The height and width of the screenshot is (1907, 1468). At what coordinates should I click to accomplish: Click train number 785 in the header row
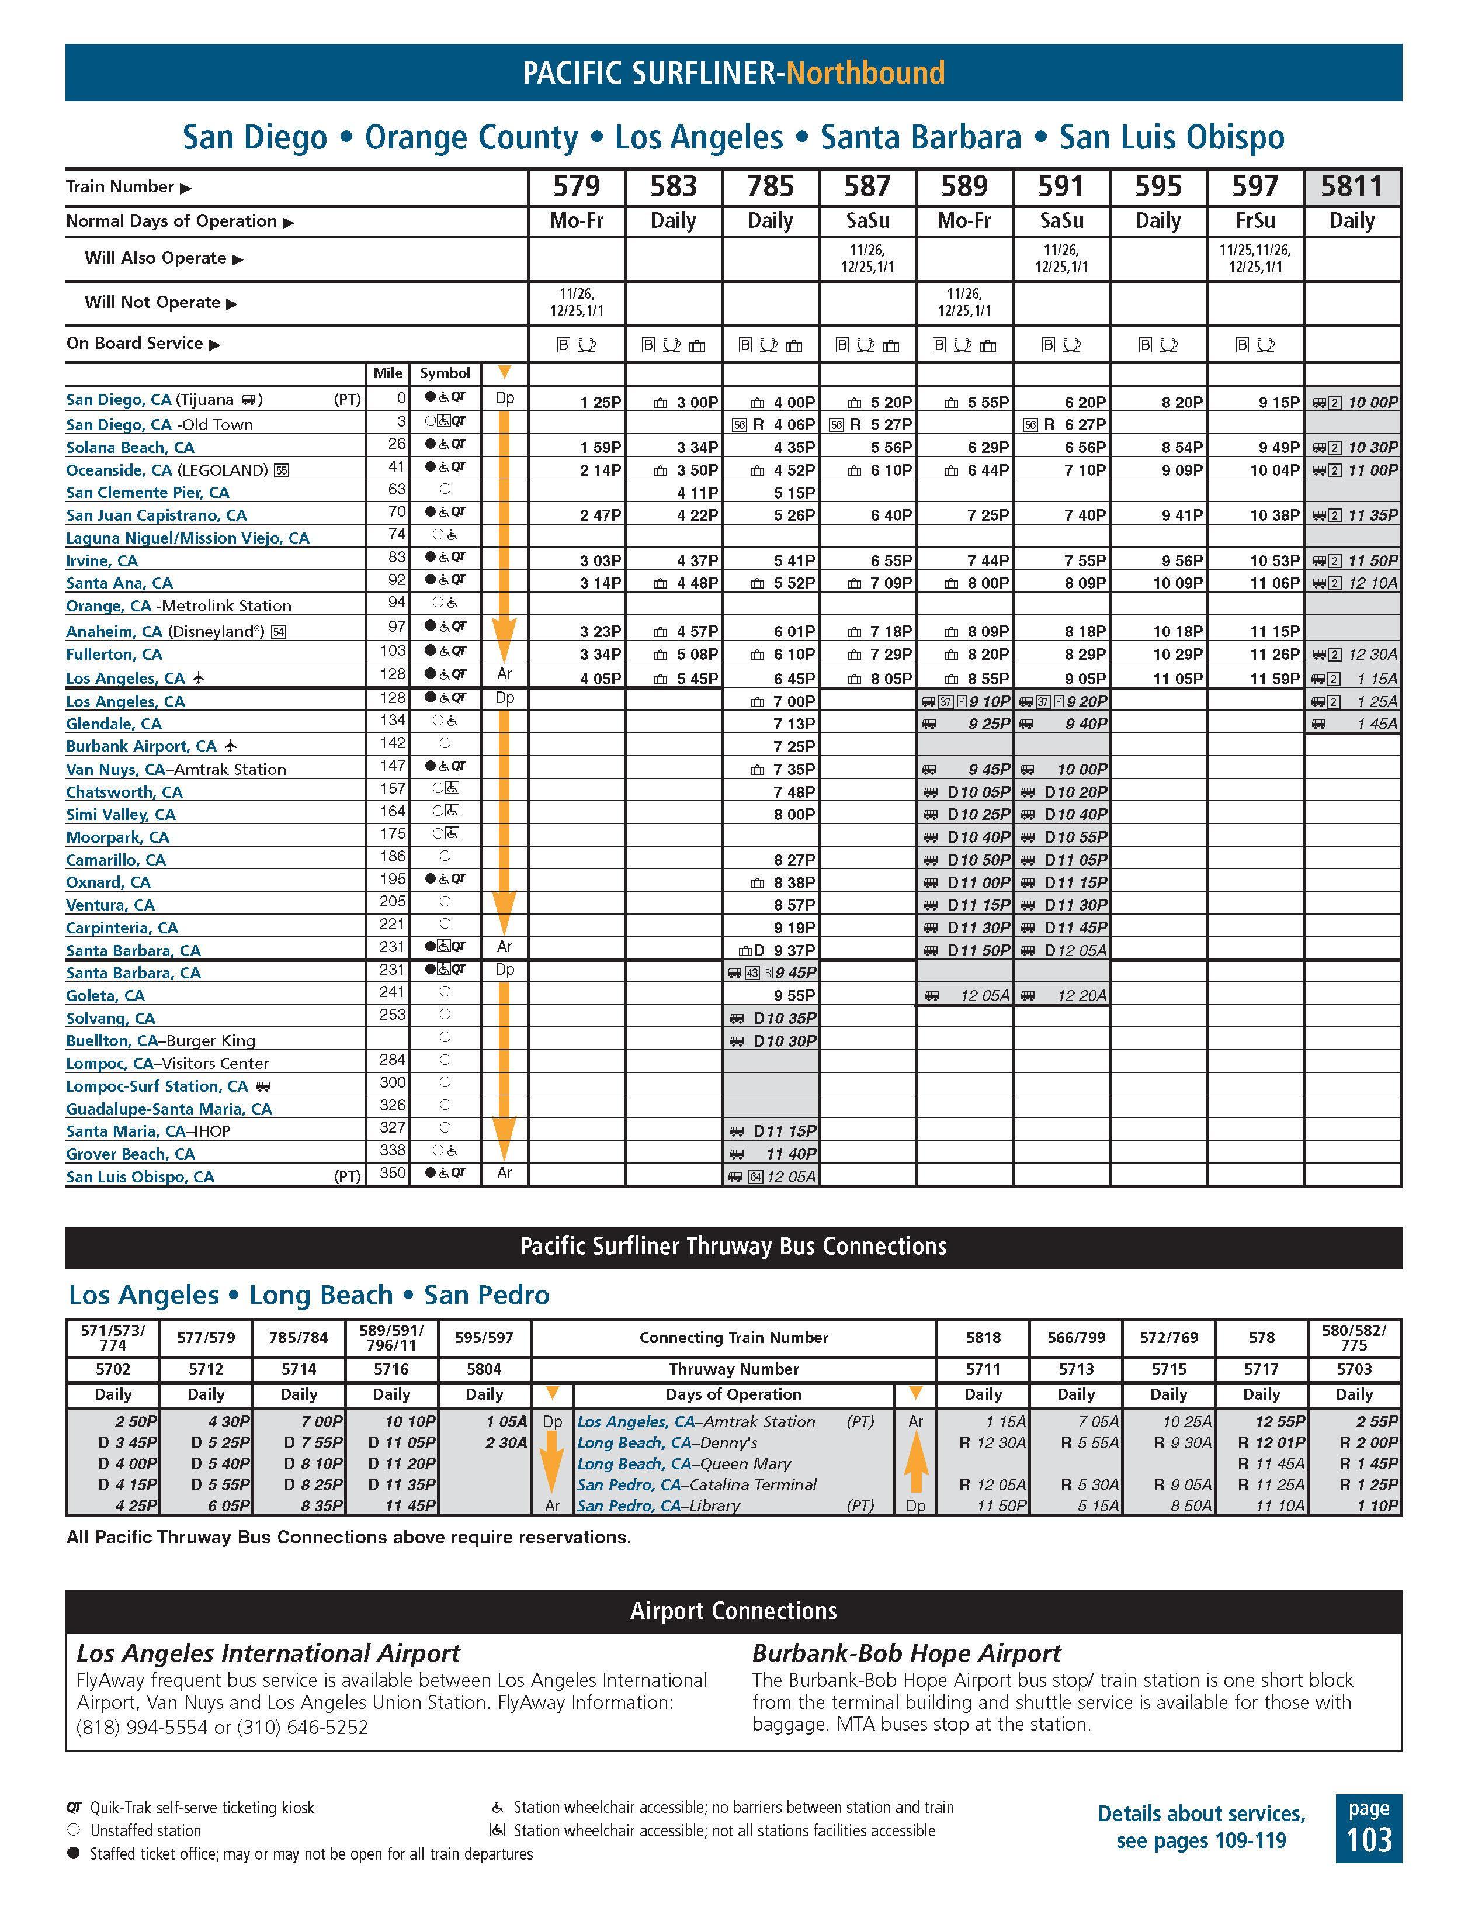tap(770, 187)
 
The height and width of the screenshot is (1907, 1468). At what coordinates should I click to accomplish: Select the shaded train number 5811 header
tap(1351, 187)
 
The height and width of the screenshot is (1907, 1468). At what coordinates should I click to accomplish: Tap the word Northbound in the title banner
tap(865, 72)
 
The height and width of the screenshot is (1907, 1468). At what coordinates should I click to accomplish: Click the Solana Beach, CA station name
tap(130, 447)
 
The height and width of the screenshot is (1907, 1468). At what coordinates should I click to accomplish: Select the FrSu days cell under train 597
tap(1255, 221)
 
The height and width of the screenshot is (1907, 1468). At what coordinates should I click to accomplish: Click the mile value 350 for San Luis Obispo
tap(393, 1174)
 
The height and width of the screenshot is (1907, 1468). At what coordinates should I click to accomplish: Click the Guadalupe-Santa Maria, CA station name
tap(168, 1109)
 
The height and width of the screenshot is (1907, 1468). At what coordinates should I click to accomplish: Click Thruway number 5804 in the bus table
tap(484, 1369)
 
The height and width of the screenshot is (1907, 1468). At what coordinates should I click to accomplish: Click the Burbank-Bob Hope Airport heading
tap(906, 1653)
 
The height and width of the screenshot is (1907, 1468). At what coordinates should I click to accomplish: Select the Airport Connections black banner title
tap(733, 1611)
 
